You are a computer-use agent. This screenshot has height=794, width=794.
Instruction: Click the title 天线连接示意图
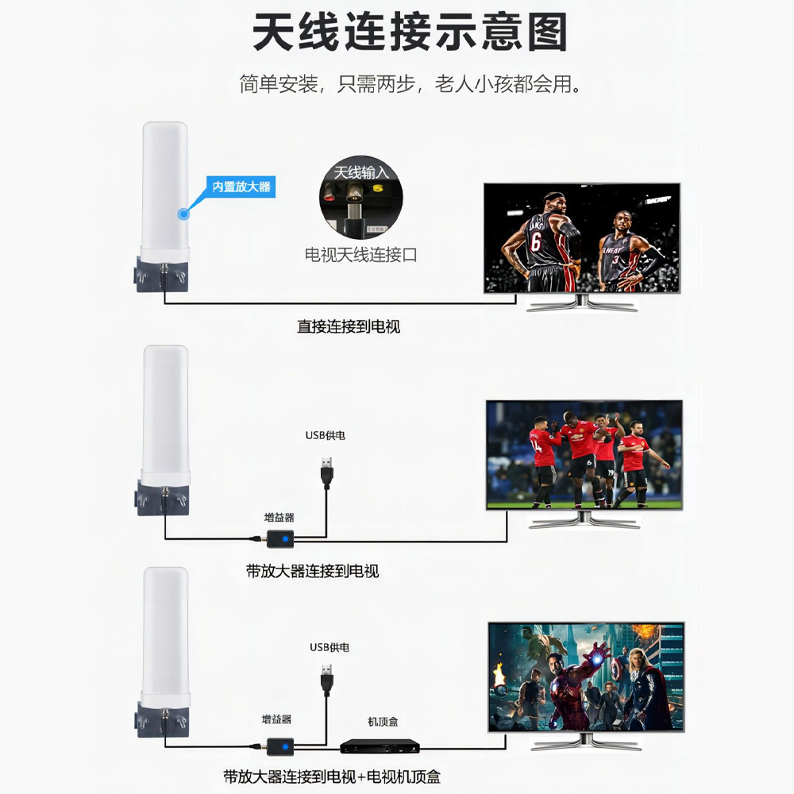click(410, 34)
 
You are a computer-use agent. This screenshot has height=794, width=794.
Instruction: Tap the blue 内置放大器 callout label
click(241, 187)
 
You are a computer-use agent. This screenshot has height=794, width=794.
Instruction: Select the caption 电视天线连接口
click(360, 255)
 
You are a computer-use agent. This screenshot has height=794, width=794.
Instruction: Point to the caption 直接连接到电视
click(349, 326)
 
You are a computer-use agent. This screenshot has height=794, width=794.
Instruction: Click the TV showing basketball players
click(582, 238)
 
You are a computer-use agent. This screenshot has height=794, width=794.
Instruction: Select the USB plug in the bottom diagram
click(326, 679)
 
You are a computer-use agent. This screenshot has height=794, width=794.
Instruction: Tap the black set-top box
click(380, 746)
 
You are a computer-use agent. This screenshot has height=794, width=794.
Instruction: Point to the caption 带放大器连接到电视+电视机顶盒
click(331, 777)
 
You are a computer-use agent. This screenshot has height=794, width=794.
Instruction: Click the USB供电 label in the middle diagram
click(326, 435)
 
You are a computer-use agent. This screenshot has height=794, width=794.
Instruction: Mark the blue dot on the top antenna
click(184, 212)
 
